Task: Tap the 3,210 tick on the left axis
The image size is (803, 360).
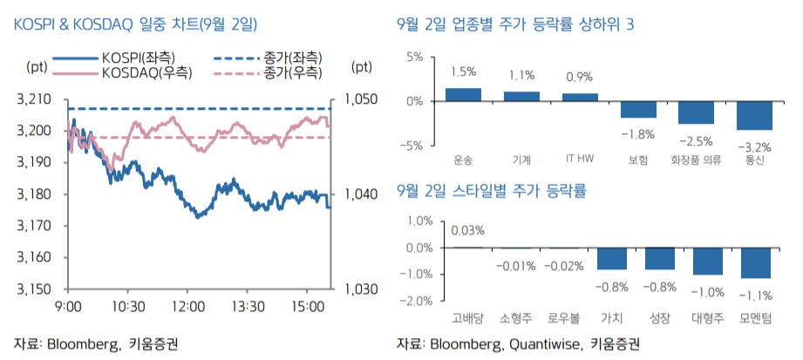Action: click(x=33, y=99)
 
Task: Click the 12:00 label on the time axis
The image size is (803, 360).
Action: click(x=189, y=306)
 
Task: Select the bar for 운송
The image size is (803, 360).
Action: click(x=463, y=95)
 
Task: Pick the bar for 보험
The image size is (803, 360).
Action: click(x=638, y=109)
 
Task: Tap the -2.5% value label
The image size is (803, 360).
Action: click(x=696, y=140)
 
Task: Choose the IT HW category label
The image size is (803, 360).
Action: click(x=580, y=160)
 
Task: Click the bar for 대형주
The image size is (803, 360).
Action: click(x=708, y=261)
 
